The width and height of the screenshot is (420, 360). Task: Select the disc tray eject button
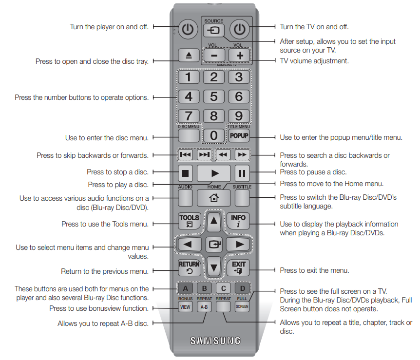coord(188,55)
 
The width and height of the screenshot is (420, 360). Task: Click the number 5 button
coord(213,96)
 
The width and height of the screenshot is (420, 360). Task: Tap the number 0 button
coord(213,135)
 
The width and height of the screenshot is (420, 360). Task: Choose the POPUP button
coord(239,135)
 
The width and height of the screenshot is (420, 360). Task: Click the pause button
coord(242,173)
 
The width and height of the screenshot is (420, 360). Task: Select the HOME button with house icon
coord(213,197)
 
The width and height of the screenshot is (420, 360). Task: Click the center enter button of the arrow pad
coord(213,244)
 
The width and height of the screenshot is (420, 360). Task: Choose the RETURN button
coord(189,266)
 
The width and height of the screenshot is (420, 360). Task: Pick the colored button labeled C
coord(223,288)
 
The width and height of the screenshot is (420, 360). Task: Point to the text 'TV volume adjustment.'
coord(314,61)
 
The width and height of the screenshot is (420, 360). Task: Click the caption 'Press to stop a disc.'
coord(117,172)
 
